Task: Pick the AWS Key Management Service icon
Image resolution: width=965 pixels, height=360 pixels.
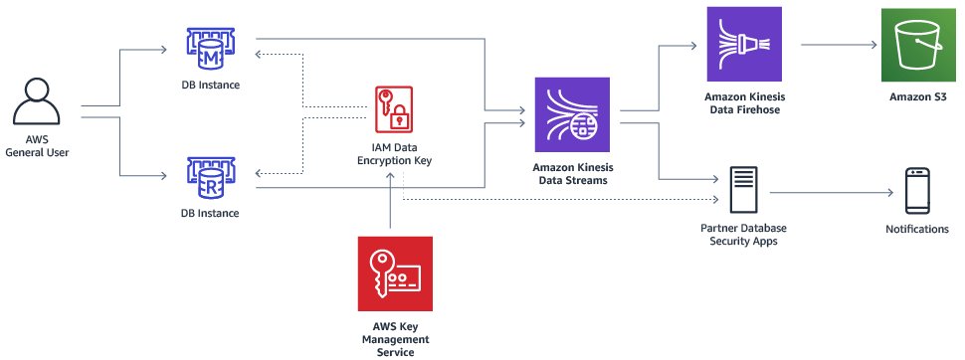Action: [395, 273]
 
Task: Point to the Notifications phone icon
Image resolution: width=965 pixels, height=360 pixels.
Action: [916, 191]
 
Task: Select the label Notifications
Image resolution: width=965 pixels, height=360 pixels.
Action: [916, 230]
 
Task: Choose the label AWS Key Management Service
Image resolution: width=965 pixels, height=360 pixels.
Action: [395, 337]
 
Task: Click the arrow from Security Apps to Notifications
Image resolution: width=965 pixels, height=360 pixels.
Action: [831, 192]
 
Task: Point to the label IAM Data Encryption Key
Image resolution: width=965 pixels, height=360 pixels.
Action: [395, 153]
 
